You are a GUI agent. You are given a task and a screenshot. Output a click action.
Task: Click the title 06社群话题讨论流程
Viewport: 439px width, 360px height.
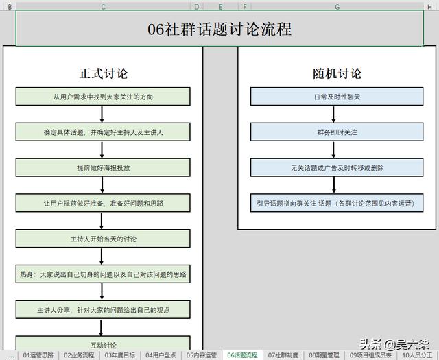pos(219,29)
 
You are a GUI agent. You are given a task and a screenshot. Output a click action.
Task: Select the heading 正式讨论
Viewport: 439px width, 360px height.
pos(104,73)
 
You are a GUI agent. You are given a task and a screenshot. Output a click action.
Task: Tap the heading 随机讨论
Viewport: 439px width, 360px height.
pos(337,73)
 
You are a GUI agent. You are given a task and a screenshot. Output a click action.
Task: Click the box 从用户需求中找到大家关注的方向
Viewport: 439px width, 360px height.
pos(103,97)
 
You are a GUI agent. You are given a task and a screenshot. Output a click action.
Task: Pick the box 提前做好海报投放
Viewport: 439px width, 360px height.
pos(103,167)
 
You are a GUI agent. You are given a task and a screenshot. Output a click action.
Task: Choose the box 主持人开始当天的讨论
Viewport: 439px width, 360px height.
pos(103,239)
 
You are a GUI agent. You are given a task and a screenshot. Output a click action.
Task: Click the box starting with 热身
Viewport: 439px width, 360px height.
pos(103,274)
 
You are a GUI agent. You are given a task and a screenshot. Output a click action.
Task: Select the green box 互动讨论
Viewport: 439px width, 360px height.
pos(103,343)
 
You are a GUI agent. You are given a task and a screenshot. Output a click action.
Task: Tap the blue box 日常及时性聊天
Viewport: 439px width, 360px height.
pos(337,97)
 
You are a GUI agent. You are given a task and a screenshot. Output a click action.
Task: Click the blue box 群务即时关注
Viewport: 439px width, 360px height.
pos(337,132)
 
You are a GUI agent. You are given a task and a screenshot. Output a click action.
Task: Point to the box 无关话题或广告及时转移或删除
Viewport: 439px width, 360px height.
pos(337,167)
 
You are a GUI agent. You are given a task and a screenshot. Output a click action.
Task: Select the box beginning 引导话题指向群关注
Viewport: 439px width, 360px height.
pos(337,203)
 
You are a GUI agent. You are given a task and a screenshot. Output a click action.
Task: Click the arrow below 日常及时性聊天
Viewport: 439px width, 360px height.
pos(333,115)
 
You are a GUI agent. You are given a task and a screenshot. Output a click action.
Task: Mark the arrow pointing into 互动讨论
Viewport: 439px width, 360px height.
pos(101,327)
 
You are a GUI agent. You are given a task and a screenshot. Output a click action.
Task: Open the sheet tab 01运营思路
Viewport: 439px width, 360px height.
pos(38,355)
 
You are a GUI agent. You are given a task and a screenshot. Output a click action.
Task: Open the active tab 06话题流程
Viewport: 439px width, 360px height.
pos(242,355)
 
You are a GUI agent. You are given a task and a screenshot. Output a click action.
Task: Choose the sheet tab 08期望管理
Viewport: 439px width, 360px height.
pos(324,355)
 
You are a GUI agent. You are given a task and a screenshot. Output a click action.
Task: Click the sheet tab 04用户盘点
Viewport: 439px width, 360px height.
pos(161,355)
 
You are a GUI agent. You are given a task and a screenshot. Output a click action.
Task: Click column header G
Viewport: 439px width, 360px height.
pos(337,7)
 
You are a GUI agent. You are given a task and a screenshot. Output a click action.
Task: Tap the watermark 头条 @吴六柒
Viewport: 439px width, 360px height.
pos(394,344)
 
